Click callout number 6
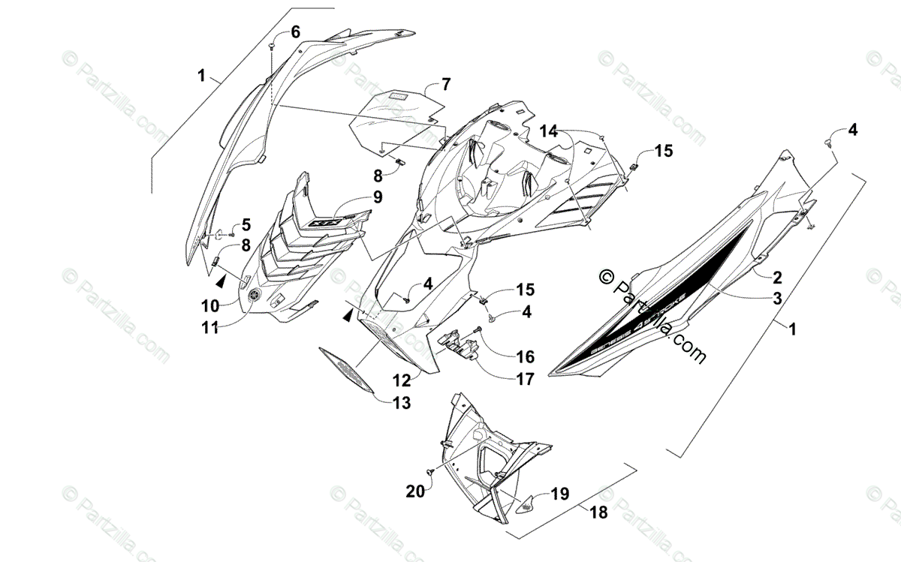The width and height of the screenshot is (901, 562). click(x=294, y=32)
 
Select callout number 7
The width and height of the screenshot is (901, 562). click(x=445, y=83)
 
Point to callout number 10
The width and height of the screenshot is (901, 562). click(x=209, y=306)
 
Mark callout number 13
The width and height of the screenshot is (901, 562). click(x=402, y=404)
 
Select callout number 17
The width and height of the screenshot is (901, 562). click(x=524, y=380)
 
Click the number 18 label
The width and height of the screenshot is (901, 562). click(x=598, y=512)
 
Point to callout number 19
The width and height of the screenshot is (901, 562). click(x=559, y=494)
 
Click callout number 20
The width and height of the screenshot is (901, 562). click(x=415, y=491)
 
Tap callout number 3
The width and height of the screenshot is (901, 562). click(x=778, y=298)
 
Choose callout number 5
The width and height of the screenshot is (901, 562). click(x=245, y=224)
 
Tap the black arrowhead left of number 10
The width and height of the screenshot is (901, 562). click(x=221, y=281)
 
